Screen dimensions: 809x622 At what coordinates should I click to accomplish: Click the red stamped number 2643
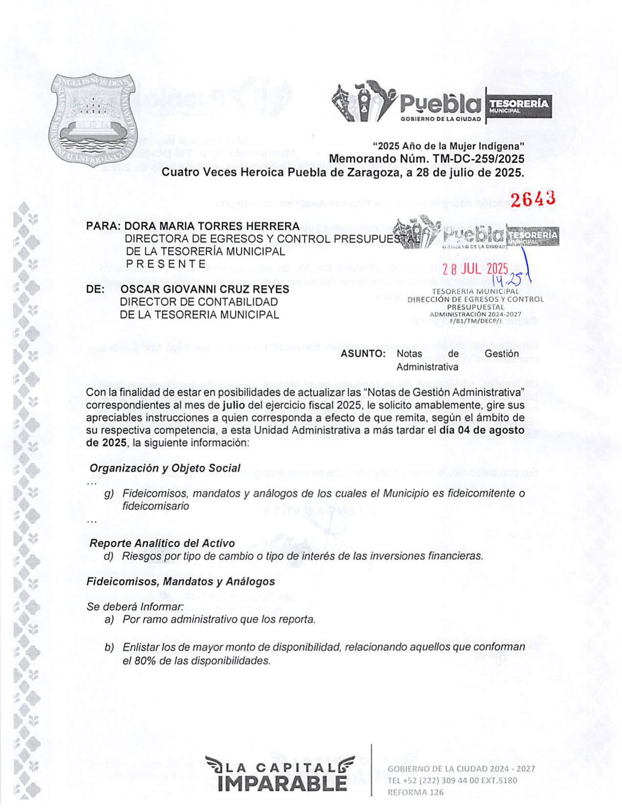[x=533, y=198]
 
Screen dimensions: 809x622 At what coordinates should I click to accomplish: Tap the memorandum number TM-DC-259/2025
[x=478, y=159]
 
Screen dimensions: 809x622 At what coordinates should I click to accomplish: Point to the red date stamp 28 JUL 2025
[x=475, y=269]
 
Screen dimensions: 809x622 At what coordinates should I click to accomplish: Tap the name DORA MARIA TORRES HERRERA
[x=212, y=226]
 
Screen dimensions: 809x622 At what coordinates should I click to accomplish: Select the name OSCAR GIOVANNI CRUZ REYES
[x=205, y=289]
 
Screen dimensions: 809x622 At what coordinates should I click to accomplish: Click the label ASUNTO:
[x=363, y=354]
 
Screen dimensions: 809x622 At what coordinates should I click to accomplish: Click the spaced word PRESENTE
[x=166, y=264]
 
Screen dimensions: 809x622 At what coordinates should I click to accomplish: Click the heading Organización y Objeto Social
[x=165, y=468]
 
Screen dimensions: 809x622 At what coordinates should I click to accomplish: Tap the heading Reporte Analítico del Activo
[x=162, y=543]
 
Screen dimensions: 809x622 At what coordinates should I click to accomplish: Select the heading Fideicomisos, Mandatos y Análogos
[x=180, y=581]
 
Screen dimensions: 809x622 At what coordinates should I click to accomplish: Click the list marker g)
[x=109, y=493]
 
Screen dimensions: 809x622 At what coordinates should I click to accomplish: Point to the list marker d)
[x=108, y=556]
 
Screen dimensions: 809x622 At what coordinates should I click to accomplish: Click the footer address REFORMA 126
[x=415, y=792]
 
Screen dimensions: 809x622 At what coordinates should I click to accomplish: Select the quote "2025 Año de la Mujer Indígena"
[x=448, y=146]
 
